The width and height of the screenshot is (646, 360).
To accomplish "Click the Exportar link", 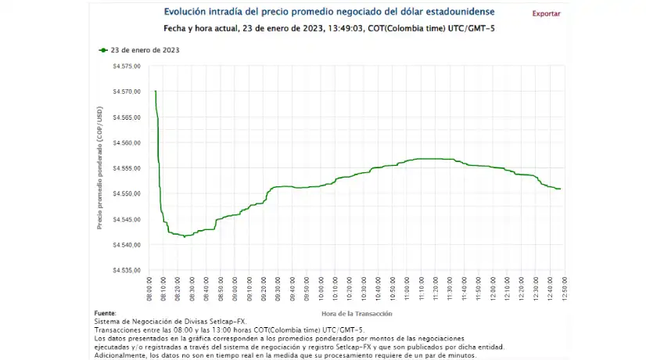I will click(x=546, y=13).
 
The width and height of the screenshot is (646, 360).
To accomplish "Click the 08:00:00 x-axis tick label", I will click(x=151, y=289).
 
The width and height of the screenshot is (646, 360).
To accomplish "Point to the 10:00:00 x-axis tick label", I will click(x=322, y=289).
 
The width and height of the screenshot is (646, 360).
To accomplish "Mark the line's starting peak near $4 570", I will click(x=156, y=92).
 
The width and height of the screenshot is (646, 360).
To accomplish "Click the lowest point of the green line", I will click(x=185, y=236).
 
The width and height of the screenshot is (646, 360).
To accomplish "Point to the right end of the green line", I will click(x=561, y=189).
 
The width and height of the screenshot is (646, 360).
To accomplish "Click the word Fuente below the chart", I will click(x=104, y=312).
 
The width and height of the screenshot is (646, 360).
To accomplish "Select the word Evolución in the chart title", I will click(x=185, y=12).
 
